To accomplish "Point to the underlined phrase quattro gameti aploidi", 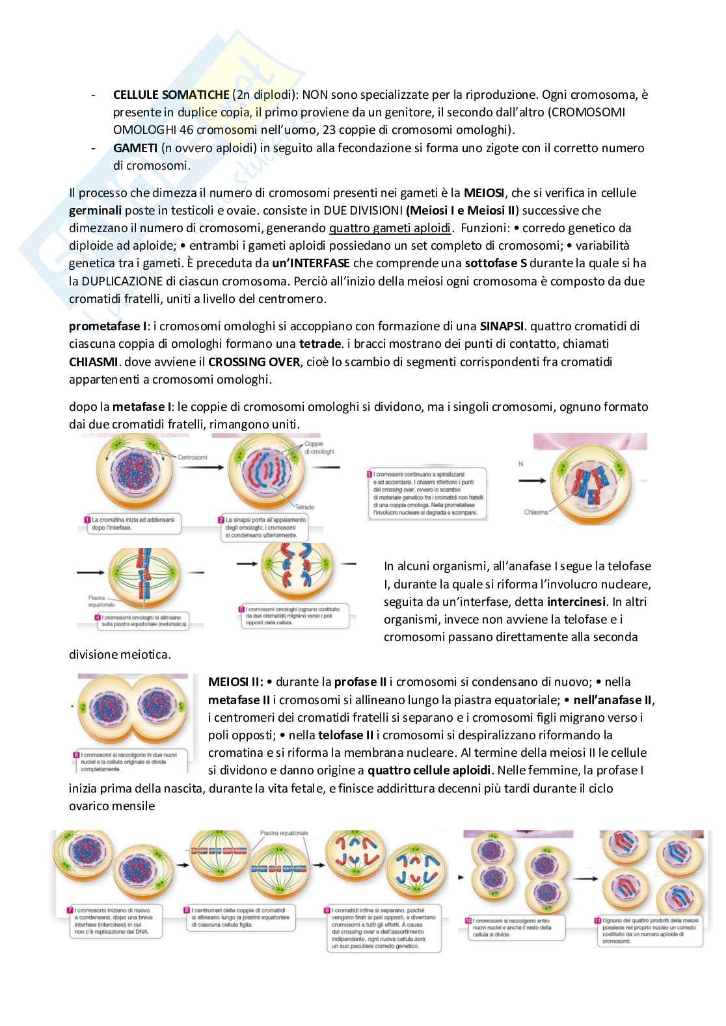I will tap(389, 228).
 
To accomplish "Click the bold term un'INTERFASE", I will tap(311, 263).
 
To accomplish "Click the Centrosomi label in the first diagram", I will tap(192, 457).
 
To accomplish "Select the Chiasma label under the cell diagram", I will tap(535, 512).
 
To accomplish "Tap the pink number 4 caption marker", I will tap(97, 616).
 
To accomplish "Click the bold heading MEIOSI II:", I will tap(235, 682).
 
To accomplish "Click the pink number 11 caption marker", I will tap(598, 920).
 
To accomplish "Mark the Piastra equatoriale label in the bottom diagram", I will tap(284, 833).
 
